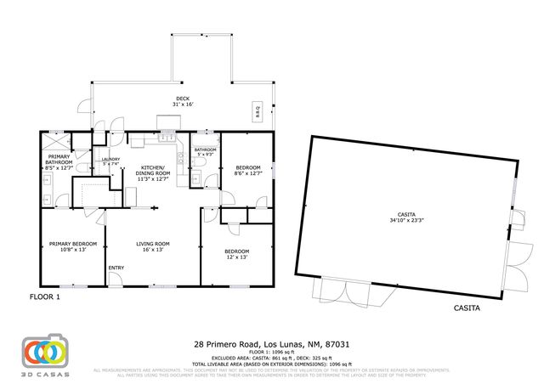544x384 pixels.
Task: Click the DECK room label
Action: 183,101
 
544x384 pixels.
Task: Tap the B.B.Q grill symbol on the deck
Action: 258,110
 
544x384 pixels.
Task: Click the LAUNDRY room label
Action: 110,161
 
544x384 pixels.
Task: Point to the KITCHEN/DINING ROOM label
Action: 154,172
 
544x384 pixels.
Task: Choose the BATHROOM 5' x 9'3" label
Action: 205,152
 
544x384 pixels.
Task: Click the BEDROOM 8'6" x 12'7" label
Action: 247,170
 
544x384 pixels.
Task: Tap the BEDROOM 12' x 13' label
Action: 236,253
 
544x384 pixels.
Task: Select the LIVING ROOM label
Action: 154,246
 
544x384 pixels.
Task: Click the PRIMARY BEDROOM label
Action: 67,246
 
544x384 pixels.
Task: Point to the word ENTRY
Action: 116,270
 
